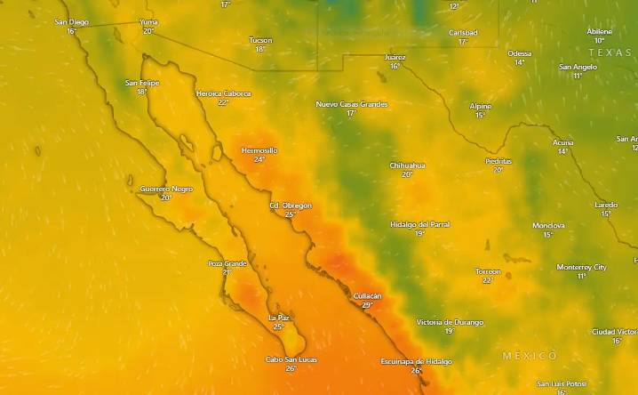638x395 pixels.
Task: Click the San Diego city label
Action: point(72,22)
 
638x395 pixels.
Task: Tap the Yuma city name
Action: point(148,22)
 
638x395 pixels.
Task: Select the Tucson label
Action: point(260,40)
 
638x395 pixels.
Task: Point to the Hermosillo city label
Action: point(259,150)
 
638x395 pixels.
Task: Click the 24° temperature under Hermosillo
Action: point(259,160)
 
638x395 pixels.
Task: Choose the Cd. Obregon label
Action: point(291,206)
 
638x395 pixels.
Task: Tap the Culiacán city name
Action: point(367,295)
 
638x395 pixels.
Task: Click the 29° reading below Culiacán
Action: point(367,305)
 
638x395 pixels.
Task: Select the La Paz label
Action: point(278,318)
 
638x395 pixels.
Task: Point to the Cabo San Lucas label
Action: point(291,359)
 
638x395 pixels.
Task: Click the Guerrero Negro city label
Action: point(166,189)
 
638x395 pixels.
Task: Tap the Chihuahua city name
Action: point(407,165)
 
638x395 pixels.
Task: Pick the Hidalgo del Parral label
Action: point(419,224)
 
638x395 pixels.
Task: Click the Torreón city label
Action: point(488,271)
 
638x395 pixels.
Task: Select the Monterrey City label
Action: point(582,267)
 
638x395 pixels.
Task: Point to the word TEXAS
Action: point(610,52)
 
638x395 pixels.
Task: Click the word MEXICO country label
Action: point(530,356)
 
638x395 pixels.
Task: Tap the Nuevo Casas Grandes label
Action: point(352,104)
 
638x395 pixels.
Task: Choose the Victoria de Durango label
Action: point(450,322)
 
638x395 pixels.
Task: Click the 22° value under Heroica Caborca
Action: point(223,102)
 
